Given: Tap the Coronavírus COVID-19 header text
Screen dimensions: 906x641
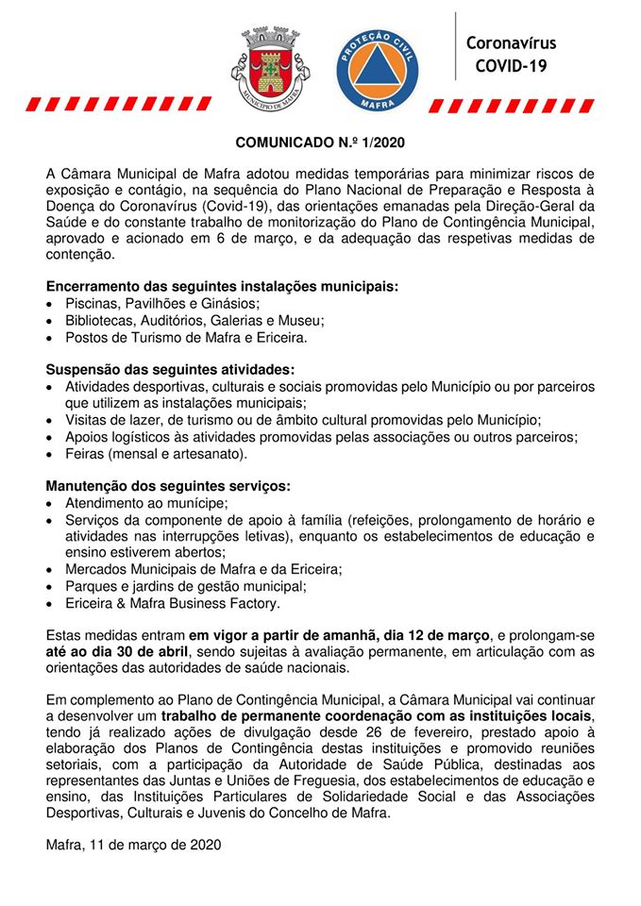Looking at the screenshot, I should point(511,55).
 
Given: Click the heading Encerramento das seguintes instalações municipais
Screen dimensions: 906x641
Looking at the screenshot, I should point(222,286).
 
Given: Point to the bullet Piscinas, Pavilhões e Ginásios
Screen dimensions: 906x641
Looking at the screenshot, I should point(161,303).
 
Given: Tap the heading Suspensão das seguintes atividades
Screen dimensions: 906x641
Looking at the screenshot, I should point(170,370).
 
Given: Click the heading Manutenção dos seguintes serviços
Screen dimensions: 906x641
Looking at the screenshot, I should point(168,487).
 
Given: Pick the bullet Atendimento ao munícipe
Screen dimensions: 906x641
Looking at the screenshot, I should point(146,504).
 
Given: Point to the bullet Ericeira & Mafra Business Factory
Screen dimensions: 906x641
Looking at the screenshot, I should point(173,604).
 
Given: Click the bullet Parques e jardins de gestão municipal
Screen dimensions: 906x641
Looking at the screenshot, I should point(186,587).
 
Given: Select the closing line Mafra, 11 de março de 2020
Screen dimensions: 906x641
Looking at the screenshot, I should point(133,846).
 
